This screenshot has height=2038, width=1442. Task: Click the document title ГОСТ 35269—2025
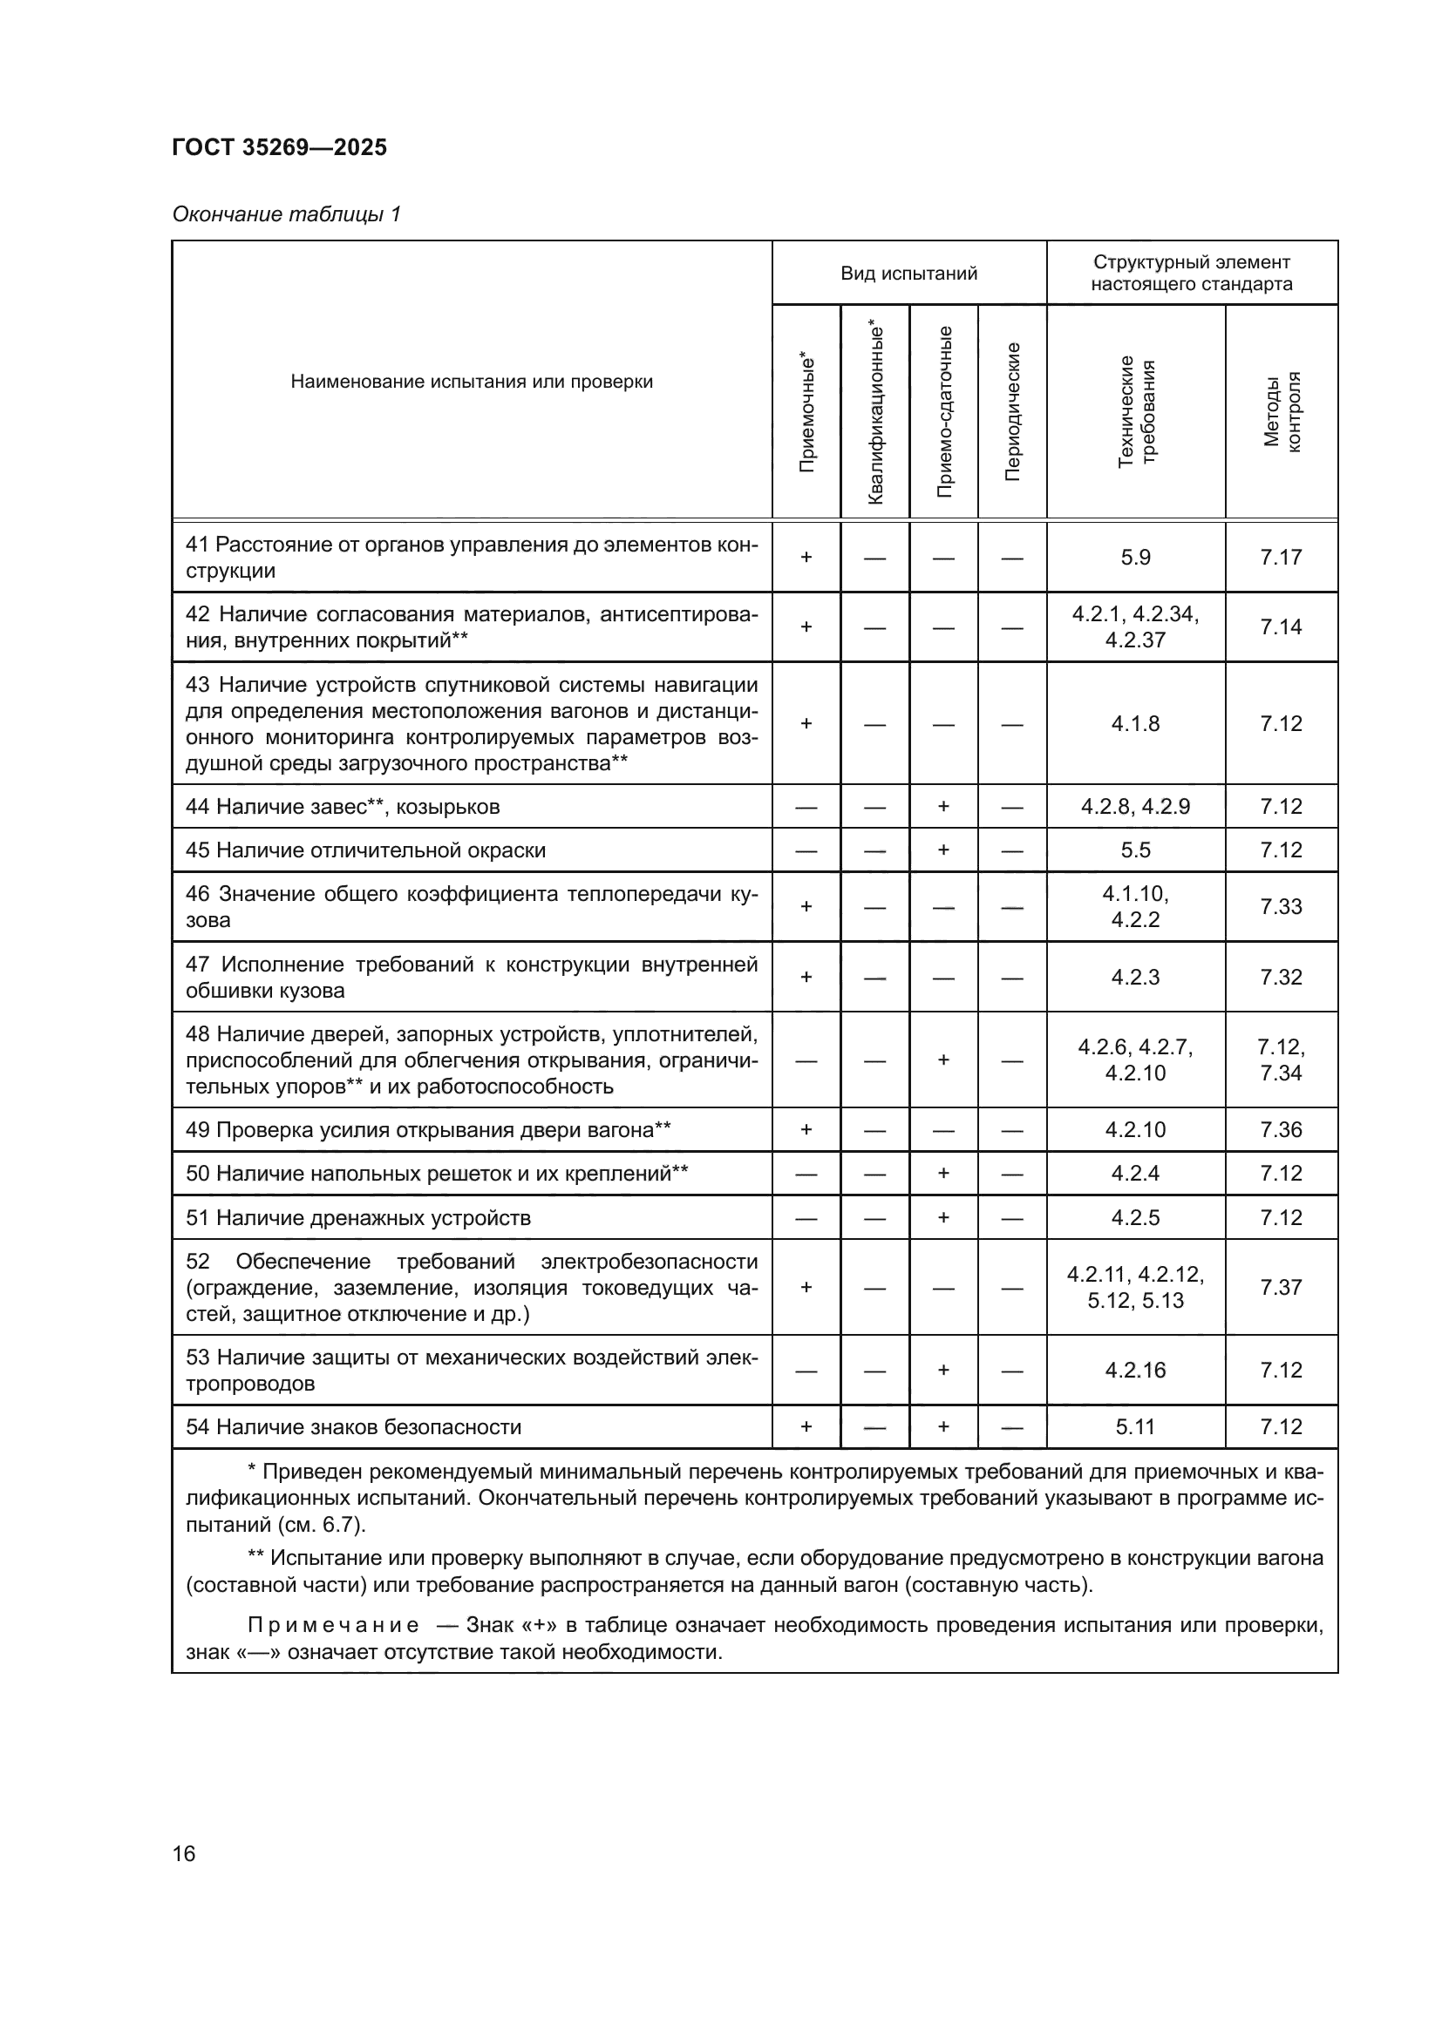point(280,147)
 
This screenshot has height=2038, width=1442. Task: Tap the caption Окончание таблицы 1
point(287,214)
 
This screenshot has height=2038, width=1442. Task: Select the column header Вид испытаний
point(908,274)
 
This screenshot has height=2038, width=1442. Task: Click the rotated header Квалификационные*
point(875,412)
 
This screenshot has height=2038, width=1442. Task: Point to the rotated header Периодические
point(1012,412)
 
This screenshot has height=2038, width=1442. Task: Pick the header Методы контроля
point(1282,412)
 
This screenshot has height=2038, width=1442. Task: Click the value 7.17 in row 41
point(1281,558)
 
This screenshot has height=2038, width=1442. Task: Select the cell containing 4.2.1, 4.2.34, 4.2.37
point(1135,626)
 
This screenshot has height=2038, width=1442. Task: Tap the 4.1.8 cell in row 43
point(1135,723)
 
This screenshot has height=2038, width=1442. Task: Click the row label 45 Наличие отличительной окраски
point(365,850)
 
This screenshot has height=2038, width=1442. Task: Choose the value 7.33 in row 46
point(1281,906)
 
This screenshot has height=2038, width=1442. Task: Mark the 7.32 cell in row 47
point(1281,978)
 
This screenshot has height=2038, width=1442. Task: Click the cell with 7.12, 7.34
point(1281,1060)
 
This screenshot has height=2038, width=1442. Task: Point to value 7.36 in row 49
point(1281,1130)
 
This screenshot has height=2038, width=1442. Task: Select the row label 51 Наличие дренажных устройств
point(357,1218)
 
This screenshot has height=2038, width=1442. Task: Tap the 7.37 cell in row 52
point(1281,1287)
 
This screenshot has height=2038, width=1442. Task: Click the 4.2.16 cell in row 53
point(1135,1371)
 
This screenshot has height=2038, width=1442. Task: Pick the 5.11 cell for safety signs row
point(1135,1426)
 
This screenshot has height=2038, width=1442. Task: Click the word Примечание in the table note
point(333,1625)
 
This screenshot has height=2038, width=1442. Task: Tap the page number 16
point(184,1853)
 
